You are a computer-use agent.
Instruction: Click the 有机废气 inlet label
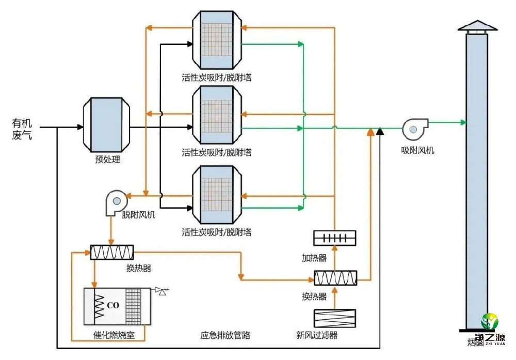pos(22,130)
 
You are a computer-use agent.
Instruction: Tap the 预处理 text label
pos(108,159)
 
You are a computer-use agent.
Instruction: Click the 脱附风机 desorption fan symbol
pos(115,202)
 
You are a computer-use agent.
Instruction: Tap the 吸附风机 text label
pos(418,150)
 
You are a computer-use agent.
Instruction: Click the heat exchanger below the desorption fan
pos(112,252)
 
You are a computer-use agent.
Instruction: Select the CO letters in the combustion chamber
pos(113,305)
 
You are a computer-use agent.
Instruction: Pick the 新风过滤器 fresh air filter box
pos(335,317)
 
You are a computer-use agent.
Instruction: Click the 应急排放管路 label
pos(225,335)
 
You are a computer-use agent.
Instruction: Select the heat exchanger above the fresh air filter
pos(335,278)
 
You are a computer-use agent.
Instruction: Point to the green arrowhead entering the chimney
pos(463,122)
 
